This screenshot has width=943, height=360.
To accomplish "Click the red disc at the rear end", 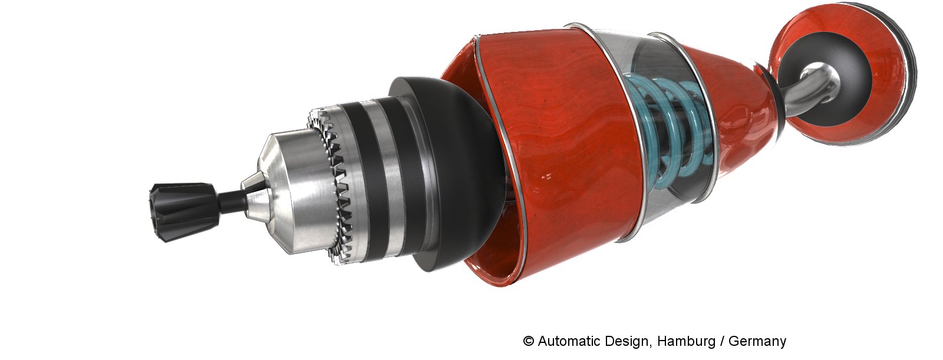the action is click(842, 71).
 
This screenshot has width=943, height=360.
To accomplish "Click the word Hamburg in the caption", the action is click(686, 341).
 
